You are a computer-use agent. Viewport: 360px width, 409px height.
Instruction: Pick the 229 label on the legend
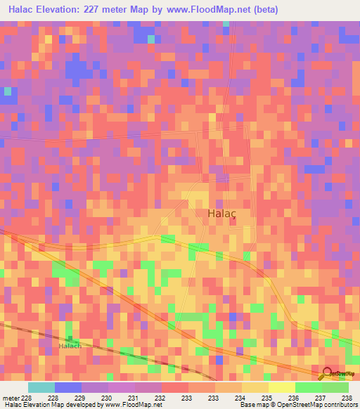tap(79, 397)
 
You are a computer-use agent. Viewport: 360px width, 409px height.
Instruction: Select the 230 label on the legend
tap(105, 397)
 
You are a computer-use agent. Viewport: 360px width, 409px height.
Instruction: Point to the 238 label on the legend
tap(347, 397)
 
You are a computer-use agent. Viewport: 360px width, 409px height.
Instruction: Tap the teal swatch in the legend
tap(41, 387)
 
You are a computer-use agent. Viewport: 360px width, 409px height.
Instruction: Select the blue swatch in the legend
tap(67, 387)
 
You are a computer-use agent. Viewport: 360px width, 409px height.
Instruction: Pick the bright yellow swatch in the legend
tap(281, 387)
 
